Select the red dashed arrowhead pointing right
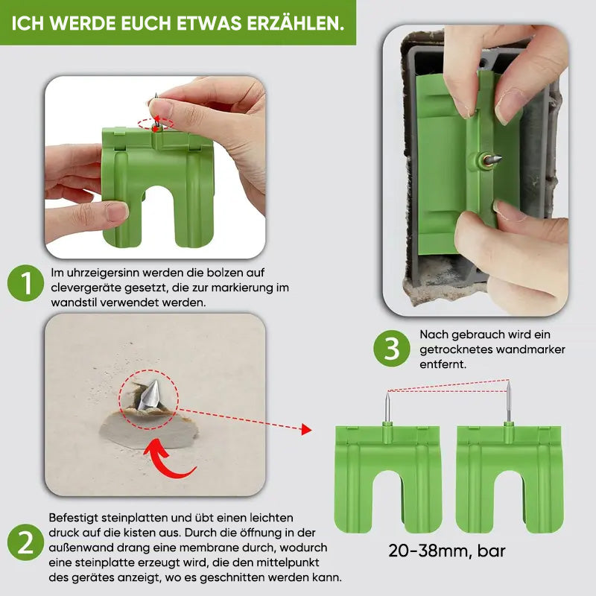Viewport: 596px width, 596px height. (x=305, y=429)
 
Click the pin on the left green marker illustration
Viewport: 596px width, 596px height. (x=387, y=406)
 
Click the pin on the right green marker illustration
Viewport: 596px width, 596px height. (x=509, y=402)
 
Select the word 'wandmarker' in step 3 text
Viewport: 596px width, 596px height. (x=528, y=349)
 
